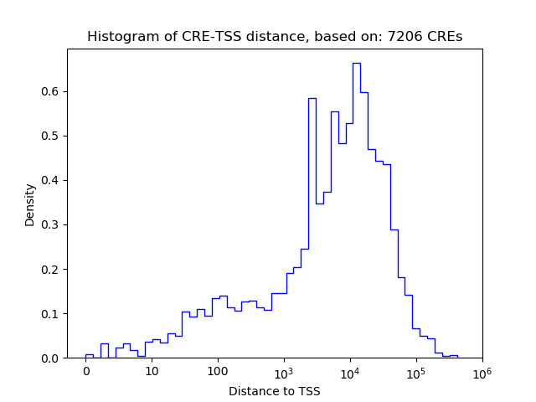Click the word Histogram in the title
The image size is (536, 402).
pos(117,37)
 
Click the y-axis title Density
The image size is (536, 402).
pos(30,204)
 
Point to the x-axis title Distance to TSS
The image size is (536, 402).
pos(275,391)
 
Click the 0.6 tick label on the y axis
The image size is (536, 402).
pos(51,91)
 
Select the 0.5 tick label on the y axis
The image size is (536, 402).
pos(51,136)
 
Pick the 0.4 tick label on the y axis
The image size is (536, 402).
pos(51,180)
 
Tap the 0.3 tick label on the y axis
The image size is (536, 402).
pos(51,224)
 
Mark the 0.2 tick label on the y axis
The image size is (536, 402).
pos(51,269)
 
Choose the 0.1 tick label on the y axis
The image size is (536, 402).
pos(51,314)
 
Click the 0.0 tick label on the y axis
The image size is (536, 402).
pos(51,358)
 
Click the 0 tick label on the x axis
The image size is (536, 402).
pos(86,371)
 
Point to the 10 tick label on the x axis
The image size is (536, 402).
pos(152,371)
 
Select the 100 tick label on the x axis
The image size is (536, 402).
pos(218,371)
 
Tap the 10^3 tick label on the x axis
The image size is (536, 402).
pos(284,370)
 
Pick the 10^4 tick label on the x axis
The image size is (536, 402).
pos(350,370)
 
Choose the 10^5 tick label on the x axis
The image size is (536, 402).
pos(416,370)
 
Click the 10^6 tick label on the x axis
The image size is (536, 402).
pos(482,370)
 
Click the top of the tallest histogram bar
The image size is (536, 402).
pos(356,63)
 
